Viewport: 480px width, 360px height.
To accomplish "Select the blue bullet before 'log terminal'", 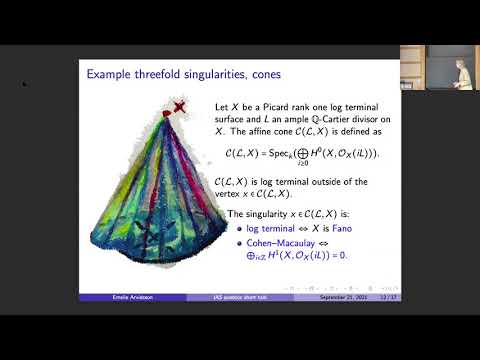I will pos(239,229).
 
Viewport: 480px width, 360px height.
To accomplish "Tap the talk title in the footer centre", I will pos(236,297).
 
